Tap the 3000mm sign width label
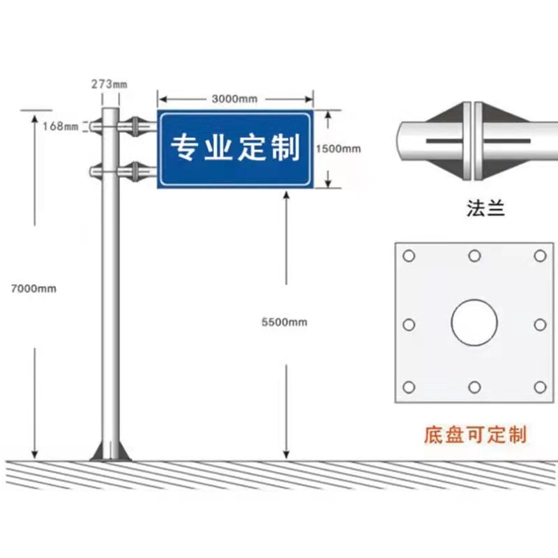click(x=234, y=98)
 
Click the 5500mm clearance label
click(x=285, y=322)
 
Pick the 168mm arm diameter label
click(x=60, y=126)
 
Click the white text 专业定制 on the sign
click(x=235, y=148)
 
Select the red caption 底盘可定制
click(x=474, y=436)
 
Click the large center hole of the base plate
click(x=474, y=323)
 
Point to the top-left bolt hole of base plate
click(x=409, y=256)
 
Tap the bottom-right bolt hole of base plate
click(x=539, y=387)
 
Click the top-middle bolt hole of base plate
click(x=474, y=256)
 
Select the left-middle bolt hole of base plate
click(x=409, y=324)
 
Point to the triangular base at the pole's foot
click(x=110, y=451)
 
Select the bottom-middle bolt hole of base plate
click(x=474, y=387)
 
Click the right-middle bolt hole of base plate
click(x=539, y=324)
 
